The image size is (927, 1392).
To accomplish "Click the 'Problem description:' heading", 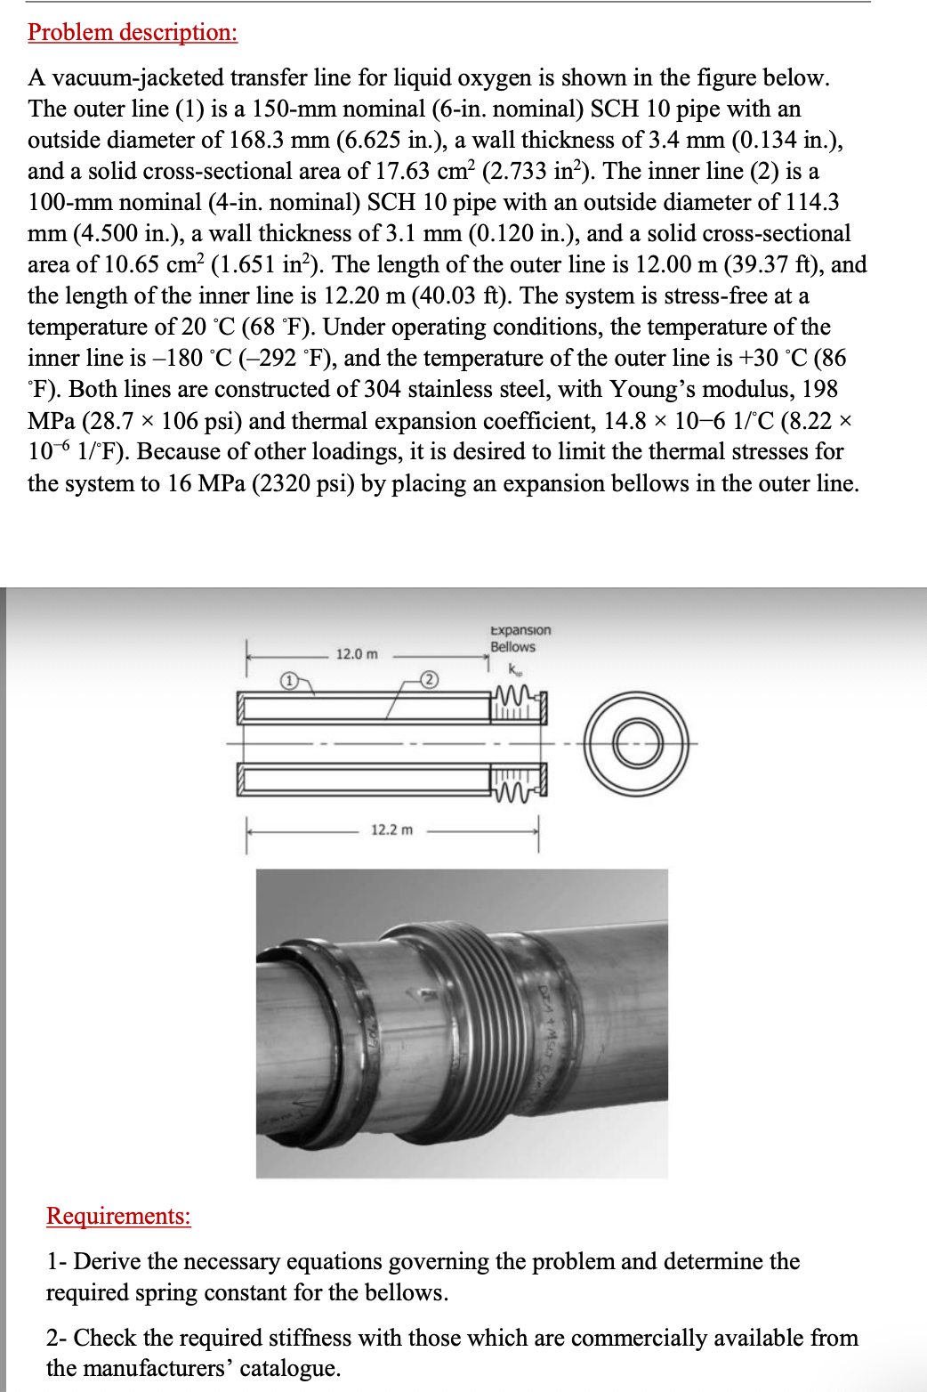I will [x=133, y=32].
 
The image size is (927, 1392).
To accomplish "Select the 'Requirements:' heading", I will [x=118, y=1216].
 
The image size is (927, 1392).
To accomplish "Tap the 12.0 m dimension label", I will [x=357, y=654].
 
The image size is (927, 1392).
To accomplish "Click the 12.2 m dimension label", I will [x=391, y=830].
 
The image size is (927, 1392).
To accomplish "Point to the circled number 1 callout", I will [x=288, y=681].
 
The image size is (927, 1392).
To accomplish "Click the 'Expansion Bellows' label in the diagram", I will [x=520, y=638].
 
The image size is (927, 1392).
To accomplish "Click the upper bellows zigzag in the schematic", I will [x=516, y=693].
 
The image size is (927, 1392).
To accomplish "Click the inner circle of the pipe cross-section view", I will [x=637, y=743].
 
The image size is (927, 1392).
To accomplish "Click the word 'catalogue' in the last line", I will [x=289, y=1368].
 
